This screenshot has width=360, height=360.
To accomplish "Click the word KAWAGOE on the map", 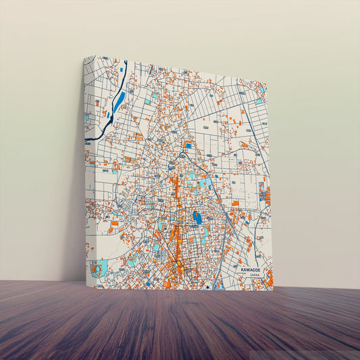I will click(x=252, y=269).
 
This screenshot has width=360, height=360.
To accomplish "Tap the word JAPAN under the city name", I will click(x=254, y=276).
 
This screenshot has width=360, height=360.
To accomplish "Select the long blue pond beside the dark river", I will click(x=119, y=101).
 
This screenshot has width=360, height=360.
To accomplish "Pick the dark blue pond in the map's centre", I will click(x=197, y=217).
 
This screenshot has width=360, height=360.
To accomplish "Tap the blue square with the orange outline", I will click(x=188, y=145).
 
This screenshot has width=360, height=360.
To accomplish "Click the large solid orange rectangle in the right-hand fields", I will click(x=235, y=203).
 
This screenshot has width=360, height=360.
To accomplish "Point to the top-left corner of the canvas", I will click(x=84, y=57).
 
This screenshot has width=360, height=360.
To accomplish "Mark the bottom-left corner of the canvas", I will click(x=86, y=283).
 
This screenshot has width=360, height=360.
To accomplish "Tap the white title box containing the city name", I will click(x=253, y=272).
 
